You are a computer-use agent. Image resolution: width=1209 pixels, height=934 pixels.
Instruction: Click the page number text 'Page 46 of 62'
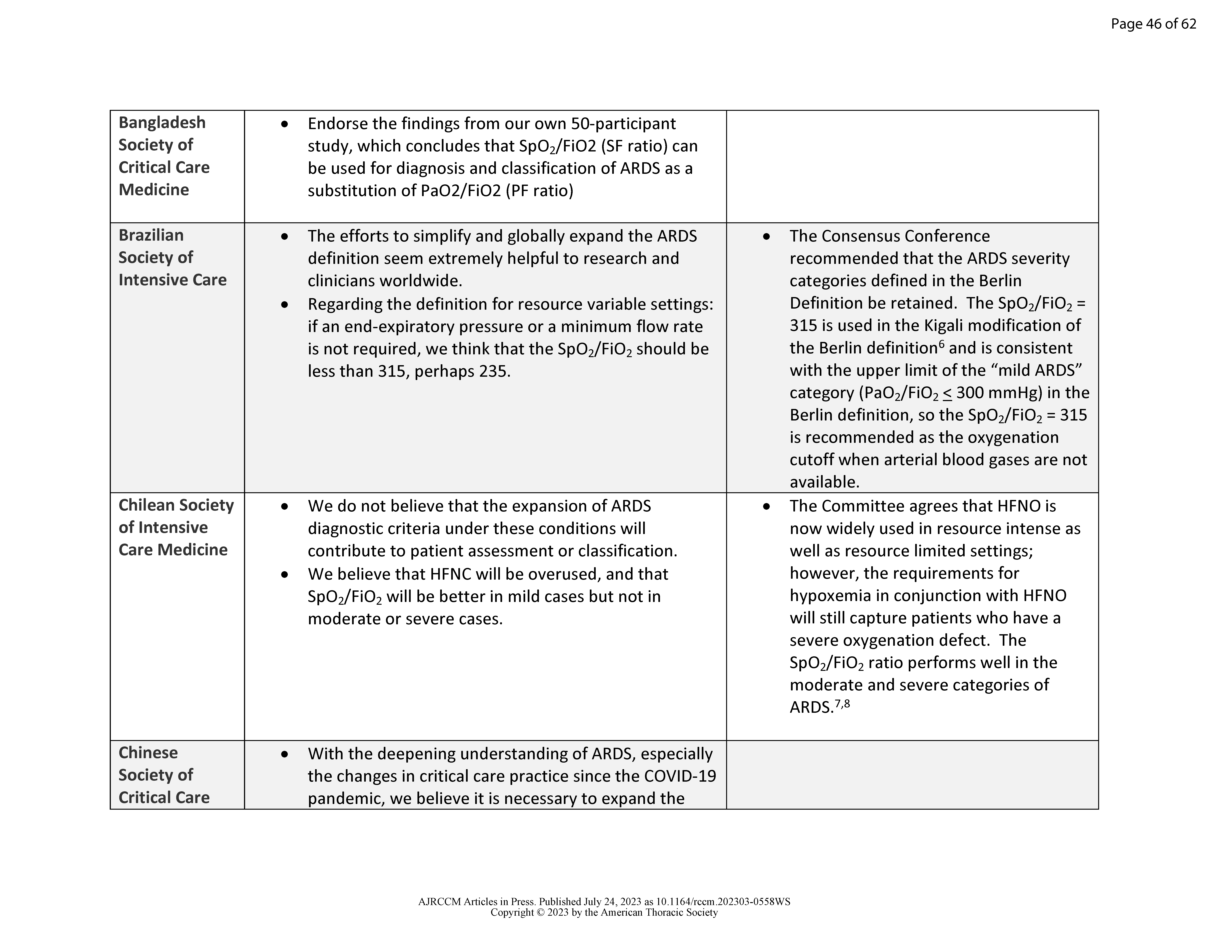(1153, 24)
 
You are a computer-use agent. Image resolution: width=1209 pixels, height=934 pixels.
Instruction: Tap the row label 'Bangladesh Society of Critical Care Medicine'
(164, 156)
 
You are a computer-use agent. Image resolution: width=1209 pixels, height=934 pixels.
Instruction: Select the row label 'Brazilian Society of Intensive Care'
(172, 257)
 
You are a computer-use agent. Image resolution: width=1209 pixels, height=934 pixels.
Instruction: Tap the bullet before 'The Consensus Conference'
(766, 236)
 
